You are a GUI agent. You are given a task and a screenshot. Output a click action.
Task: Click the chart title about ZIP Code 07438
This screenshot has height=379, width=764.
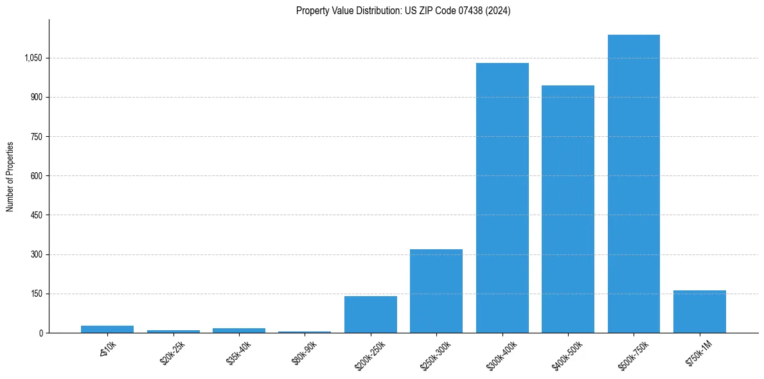403,11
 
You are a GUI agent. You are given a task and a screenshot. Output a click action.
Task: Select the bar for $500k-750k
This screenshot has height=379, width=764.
634,184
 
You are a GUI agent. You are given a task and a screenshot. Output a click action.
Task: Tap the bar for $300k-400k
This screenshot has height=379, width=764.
502,198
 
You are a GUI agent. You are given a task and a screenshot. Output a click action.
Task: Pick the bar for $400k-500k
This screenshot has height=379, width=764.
568,209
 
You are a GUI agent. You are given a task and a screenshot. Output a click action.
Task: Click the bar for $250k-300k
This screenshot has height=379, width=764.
436,291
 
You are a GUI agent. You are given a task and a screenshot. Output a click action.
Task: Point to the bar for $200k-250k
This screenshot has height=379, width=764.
370,315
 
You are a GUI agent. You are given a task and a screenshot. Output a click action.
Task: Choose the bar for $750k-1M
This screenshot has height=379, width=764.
700,312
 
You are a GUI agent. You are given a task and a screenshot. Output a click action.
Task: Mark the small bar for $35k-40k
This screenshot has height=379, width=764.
239,330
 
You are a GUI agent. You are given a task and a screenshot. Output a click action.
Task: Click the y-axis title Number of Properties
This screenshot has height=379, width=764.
10,176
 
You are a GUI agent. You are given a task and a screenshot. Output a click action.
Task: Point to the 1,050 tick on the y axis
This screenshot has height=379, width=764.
33,58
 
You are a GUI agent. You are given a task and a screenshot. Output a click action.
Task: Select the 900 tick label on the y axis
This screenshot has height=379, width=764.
36,97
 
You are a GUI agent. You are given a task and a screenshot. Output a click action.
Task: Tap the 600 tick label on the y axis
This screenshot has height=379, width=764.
36,176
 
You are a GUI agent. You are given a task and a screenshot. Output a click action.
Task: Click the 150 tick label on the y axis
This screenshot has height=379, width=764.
36,294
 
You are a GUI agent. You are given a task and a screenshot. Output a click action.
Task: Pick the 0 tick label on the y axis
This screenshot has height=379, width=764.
40,333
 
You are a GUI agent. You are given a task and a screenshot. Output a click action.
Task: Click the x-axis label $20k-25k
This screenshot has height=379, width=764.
171,353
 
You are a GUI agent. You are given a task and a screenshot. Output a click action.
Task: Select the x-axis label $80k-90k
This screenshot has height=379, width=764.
303,353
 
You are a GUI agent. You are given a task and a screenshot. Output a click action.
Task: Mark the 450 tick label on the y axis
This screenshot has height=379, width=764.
36,215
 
